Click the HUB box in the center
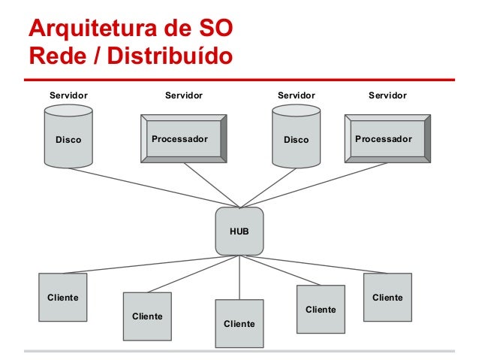click(x=239, y=231)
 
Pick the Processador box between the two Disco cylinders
click(x=182, y=138)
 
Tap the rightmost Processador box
click(x=387, y=138)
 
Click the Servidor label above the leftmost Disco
click(x=68, y=95)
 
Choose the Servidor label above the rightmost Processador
click(x=387, y=95)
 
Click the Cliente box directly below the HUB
click(x=239, y=323)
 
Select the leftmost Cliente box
click(x=63, y=298)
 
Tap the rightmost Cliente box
click(x=387, y=298)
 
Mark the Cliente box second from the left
click(x=147, y=316)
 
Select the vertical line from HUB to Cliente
click(x=239, y=278)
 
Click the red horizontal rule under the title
click(x=239, y=79)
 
